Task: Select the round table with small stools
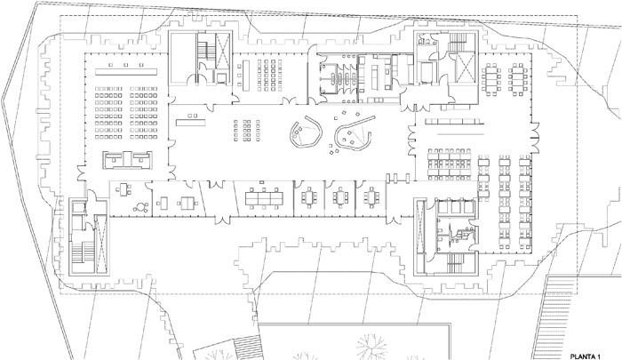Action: (140, 207)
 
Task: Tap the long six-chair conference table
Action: (264, 197)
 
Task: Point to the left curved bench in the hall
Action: (306, 132)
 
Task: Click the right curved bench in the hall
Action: (355, 135)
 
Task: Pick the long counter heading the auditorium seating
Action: (126, 72)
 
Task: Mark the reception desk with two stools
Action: (191, 121)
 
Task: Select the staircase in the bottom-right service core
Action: (455, 263)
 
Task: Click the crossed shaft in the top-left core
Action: (222, 50)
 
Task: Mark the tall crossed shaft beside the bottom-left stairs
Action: (101, 244)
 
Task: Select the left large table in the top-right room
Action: (492, 79)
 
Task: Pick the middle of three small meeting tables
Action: (340, 197)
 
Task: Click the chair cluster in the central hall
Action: (247, 130)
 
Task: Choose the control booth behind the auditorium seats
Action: (127, 160)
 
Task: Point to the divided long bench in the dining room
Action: (455, 121)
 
